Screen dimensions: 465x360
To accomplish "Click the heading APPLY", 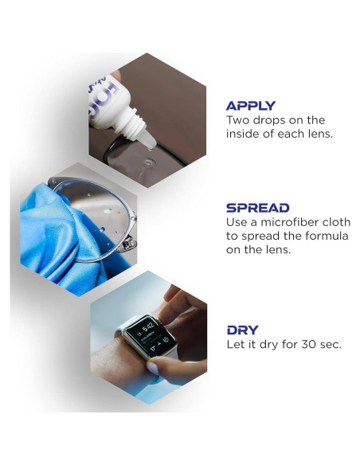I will (x=250, y=105).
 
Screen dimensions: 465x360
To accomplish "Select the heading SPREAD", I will (x=257, y=207).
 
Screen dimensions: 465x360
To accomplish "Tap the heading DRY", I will (x=242, y=330).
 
